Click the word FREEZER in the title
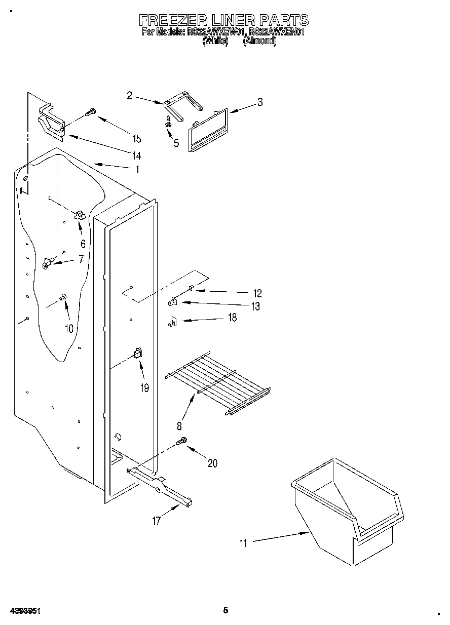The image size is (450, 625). tap(173, 20)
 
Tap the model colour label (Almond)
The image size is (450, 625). tap(259, 42)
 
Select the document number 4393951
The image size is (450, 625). tap(24, 610)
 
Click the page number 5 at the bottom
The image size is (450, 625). tap(226, 610)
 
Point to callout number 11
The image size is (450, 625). tap(243, 543)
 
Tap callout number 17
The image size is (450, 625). tap(157, 520)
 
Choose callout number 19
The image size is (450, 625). tap(145, 388)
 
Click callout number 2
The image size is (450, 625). tap(129, 95)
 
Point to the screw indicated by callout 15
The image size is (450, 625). tap(91, 112)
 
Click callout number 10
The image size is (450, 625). tap(69, 328)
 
